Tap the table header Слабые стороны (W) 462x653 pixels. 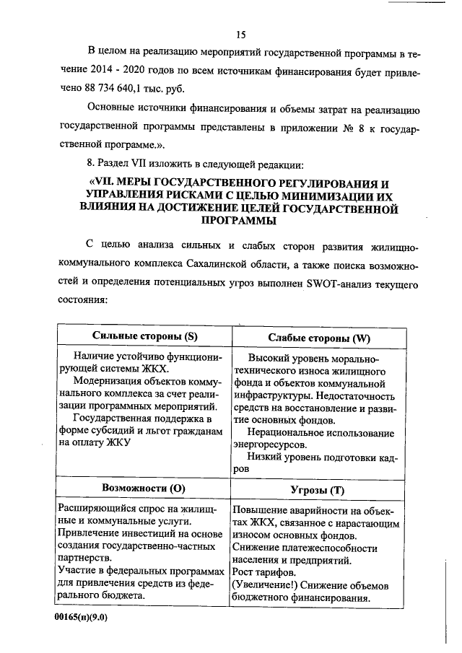318,338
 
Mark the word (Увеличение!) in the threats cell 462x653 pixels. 264,584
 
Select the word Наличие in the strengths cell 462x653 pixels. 96,356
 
